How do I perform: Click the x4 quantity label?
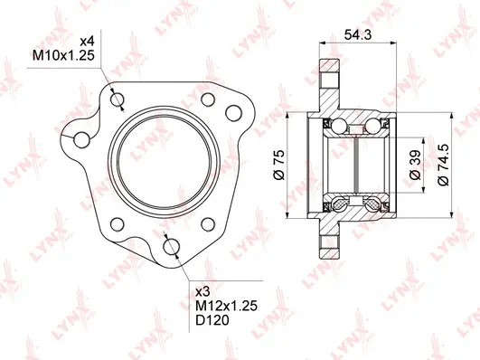88,42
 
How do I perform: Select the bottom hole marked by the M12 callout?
171,246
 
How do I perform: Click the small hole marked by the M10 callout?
115,99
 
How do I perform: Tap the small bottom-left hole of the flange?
114,222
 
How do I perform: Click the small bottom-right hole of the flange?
209,223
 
